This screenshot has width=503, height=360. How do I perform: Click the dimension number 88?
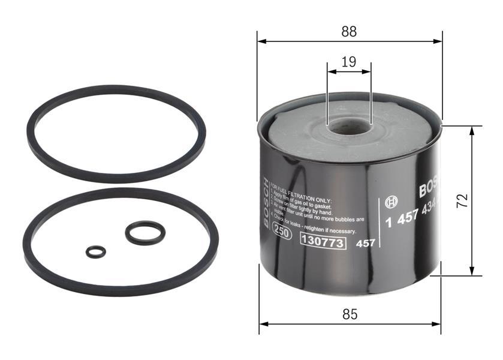pos(349,32)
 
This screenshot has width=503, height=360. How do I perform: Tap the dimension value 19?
pos(349,61)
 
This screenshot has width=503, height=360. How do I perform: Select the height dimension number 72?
pos(461,200)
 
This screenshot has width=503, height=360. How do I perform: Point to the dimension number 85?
pos(350,314)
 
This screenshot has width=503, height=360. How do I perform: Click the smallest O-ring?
pos(95,252)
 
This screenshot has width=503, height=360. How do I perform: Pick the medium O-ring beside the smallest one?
pos(145,233)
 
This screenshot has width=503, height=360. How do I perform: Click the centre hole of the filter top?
pos(350,126)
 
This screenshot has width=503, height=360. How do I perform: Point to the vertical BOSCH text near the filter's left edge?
pos(266,204)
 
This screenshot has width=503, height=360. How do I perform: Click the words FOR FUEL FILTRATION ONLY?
pos(306,191)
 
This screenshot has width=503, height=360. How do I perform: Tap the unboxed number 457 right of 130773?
pos(365,243)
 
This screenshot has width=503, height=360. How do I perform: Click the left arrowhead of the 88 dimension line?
pos(261,41)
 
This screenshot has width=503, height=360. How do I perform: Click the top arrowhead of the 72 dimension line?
pos(472,130)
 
